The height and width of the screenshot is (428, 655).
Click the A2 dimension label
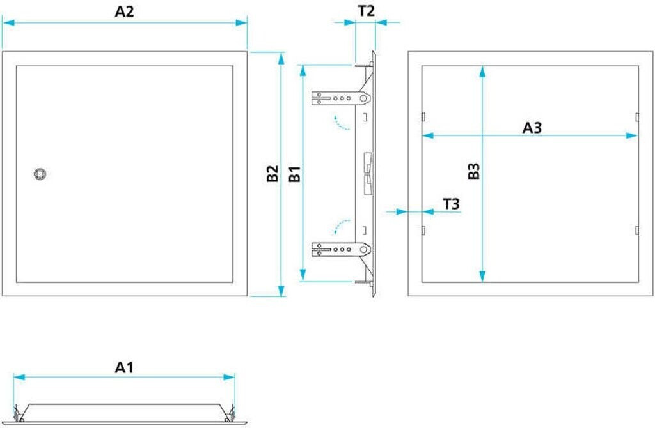click(x=124, y=11)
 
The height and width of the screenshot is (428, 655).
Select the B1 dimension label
click(x=294, y=174)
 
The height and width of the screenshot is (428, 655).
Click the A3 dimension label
click(x=532, y=128)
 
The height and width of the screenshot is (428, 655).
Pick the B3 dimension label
click(x=474, y=172)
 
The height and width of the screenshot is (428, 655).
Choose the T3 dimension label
click(x=452, y=204)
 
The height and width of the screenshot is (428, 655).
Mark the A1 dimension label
click(x=124, y=367)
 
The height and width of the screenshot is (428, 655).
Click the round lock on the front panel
click(x=40, y=174)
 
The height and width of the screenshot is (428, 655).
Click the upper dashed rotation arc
click(x=342, y=123)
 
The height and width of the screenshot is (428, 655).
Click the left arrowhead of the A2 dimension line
click(x=6, y=22)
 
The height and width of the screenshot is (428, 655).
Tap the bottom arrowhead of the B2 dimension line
click(x=281, y=293)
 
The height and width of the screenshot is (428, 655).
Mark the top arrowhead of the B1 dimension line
click(x=303, y=68)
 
